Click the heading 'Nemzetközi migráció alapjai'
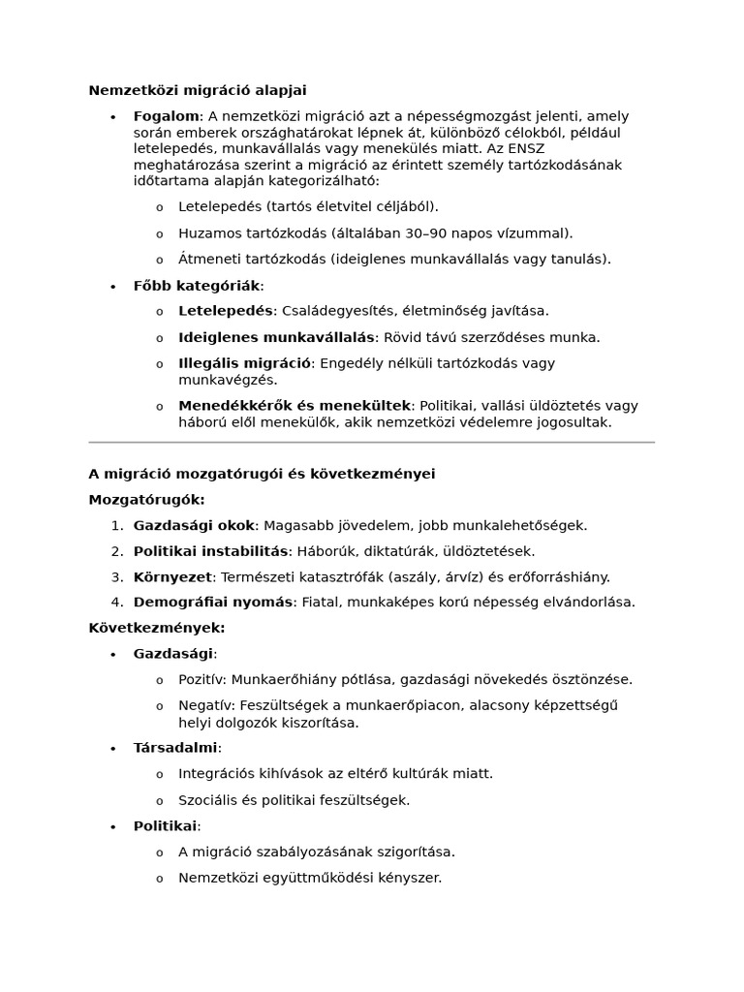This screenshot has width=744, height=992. (198, 90)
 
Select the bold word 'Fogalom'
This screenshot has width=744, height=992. (166, 116)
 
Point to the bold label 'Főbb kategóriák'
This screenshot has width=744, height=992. (197, 286)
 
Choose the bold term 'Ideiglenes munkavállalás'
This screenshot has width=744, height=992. (276, 337)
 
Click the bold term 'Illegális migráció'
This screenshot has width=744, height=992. (244, 363)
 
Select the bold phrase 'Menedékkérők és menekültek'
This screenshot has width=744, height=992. (294, 406)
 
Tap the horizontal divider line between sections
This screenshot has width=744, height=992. (371, 442)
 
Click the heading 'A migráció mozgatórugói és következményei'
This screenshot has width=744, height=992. (262, 474)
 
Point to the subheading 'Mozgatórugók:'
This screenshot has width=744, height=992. (146, 500)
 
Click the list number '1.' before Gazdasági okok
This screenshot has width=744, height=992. (116, 526)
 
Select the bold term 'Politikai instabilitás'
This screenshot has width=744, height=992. (211, 551)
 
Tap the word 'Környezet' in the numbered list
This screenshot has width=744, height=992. (172, 576)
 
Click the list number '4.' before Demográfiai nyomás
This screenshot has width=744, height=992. (116, 602)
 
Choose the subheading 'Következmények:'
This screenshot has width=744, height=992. (157, 628)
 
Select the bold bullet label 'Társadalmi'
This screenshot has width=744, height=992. (175, 748)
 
